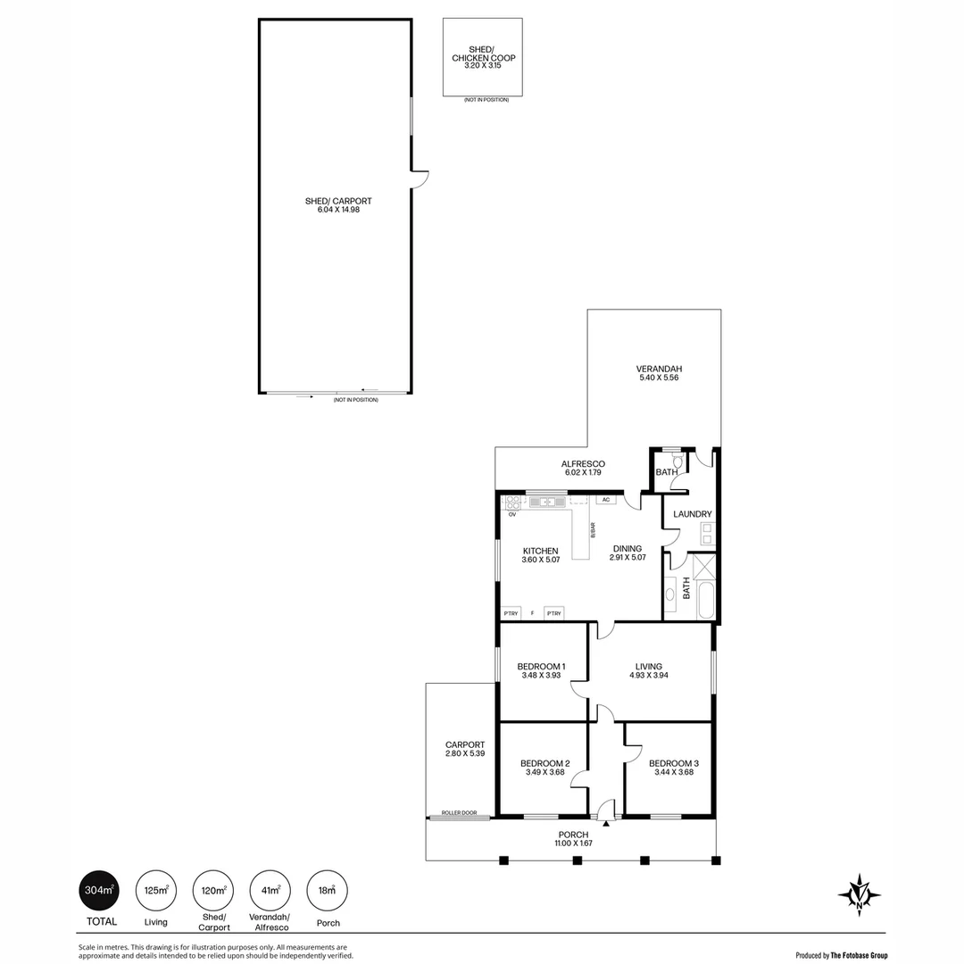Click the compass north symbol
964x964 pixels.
click(860, 894)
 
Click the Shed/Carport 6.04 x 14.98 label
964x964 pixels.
click(337, 205)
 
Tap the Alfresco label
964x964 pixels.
click(584, 468)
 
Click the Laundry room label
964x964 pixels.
click(692, 514)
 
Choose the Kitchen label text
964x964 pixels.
click(540, 555)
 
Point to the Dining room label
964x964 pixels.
click(627, 553)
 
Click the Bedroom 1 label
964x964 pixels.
click(541, 670)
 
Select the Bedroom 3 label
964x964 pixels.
click(673, 768)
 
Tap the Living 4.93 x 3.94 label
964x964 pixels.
click(648, 670)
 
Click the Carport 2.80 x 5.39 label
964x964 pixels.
click(464, 749)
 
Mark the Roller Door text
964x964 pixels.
click(459, 813)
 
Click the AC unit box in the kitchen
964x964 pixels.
click(605, 500)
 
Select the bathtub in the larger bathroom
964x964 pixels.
click(705, 599)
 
